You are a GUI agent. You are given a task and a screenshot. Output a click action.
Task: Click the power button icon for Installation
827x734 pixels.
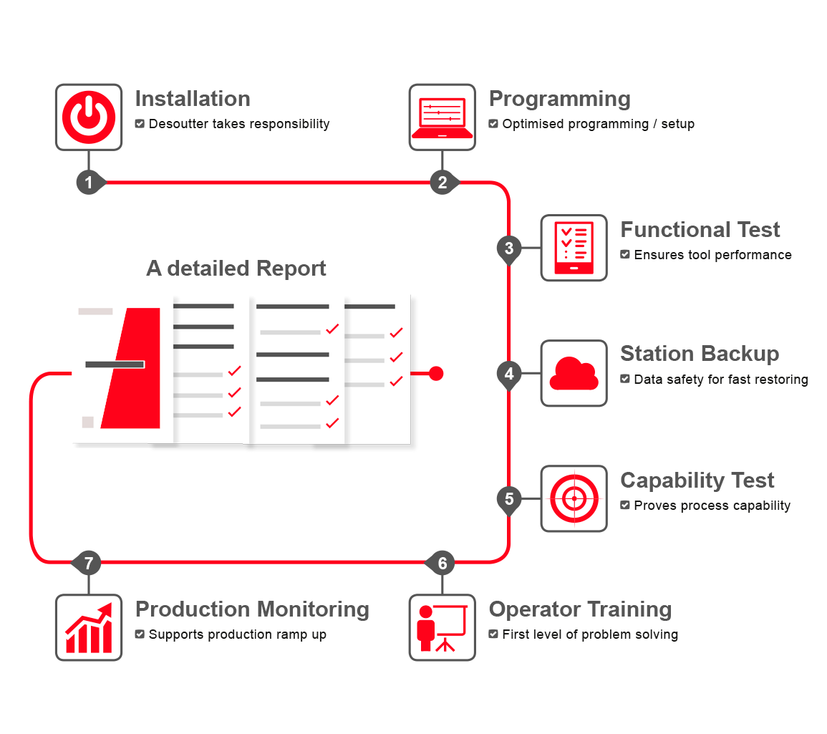(x=89, y=117)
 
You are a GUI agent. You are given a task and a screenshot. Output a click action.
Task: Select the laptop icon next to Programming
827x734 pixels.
(x=442, y=117)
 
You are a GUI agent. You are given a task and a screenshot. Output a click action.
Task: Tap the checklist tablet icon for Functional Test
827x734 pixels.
(x=574, y=248)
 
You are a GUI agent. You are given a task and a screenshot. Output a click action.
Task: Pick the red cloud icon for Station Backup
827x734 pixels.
(x=574, y=373)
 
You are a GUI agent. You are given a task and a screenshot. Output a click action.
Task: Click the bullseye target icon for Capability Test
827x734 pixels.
(x=574, y=498)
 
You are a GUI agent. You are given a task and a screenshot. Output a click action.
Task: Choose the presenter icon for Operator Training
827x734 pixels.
(x=442, y=627)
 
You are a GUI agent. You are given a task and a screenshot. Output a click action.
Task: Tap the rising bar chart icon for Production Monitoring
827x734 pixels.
(x=89, y=627)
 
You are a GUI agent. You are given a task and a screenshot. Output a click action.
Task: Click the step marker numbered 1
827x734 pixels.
(x=89, y=183)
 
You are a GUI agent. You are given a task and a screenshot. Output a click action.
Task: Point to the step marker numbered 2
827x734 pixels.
(x=442, y=183)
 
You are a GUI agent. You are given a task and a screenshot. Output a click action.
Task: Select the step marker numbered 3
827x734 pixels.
(x=509, y=248)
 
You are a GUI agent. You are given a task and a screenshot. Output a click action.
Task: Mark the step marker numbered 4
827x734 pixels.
(x=509, y=374)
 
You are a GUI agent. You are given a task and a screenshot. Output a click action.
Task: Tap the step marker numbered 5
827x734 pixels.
(x=509, y=498)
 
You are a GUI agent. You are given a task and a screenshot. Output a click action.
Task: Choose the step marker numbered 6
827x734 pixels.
(x=442, y=563)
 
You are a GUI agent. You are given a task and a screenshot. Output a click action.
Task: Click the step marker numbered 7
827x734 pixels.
(x=89, y=563)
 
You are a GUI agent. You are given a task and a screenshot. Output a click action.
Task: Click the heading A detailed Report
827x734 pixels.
(x=236, y=269)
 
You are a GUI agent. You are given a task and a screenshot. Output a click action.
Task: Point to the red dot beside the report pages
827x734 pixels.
(x=436, y=373)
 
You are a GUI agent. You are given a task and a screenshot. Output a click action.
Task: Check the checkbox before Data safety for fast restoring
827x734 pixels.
(x=625, y=379)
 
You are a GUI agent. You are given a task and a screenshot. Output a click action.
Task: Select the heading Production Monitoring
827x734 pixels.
(x=252, y=609)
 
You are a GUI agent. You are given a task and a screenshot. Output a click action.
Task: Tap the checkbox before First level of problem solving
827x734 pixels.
(x=493, y=634)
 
